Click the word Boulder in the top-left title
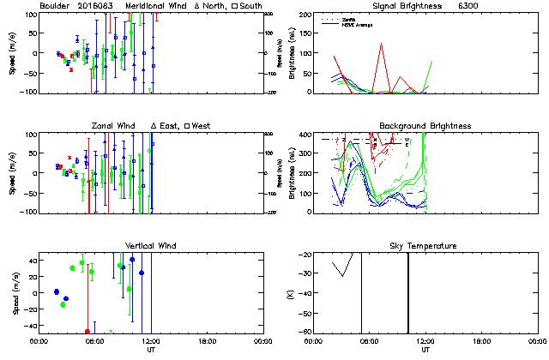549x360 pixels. [x=56, y=5]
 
